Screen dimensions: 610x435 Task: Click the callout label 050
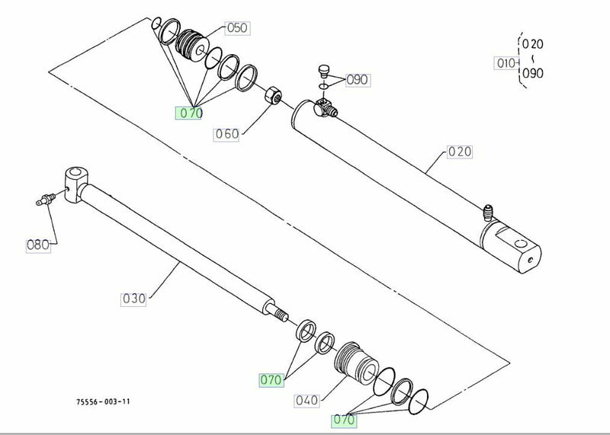(237, 28)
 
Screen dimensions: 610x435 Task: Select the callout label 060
(226, 134)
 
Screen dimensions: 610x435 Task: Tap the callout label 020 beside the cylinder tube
(460, 152)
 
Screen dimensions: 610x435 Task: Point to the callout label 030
(133, 299)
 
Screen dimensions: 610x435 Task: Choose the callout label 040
(307, 401)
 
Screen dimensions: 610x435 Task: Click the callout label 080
(38, 245)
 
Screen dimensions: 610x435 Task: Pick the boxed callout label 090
(358, 80)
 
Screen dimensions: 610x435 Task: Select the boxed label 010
(506, 63)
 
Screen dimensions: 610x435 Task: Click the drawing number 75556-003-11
(103, 401)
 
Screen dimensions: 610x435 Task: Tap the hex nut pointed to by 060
(273, 95)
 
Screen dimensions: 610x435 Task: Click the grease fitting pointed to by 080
(46, 200)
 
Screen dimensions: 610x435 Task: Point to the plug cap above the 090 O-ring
(323, 71)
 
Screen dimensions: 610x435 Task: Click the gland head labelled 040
(356, 363)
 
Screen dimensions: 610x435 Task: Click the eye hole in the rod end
(75, 172)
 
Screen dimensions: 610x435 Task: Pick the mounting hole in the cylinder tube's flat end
(521, 244)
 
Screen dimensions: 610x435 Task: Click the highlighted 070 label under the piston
(188, 113)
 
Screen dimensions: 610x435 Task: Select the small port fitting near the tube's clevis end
(488, 213)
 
